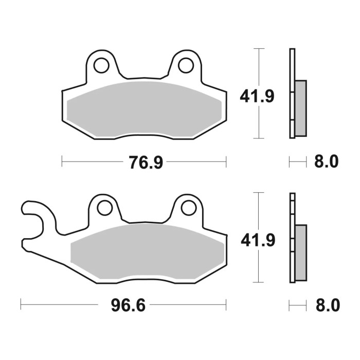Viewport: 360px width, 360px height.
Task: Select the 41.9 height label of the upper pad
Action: pos(257,96)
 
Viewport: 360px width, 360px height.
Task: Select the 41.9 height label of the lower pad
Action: pos(257,240)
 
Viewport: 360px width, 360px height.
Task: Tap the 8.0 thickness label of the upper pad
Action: pos(327,162)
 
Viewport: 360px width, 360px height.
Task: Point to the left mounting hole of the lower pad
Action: pos(105,208)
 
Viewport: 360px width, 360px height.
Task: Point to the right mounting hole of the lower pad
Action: pos(189,208)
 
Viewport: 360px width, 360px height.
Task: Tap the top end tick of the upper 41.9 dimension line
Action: pos(259,48)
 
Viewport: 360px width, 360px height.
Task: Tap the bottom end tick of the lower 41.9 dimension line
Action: pos(259,282)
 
